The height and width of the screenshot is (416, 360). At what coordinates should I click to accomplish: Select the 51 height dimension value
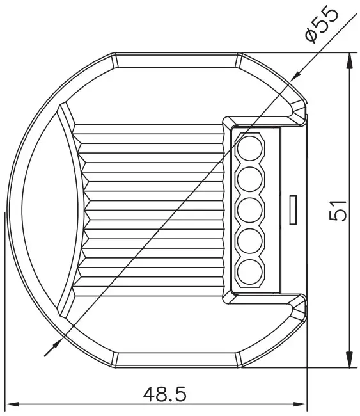339,209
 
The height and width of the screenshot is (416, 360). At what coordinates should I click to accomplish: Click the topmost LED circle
250,149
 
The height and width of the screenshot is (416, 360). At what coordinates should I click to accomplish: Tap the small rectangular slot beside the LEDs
293,209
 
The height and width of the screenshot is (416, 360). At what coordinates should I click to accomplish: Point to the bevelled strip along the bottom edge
176,360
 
